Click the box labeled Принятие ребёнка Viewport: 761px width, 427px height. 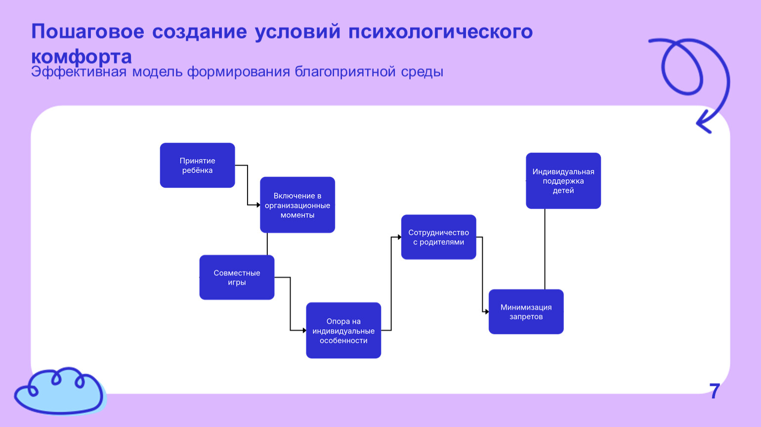click(197, 165)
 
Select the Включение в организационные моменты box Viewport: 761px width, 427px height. click(297, 205)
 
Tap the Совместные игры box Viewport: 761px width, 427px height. click(237, 277)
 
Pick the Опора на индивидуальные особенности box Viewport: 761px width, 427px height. click(343, 330)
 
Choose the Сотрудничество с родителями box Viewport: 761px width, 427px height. click(438, 237)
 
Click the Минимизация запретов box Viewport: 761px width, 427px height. click(526, 311)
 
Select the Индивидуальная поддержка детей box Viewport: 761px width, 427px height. click(563, 180)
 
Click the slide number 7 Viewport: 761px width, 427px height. click(715, 391)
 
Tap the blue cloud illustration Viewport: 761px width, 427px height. click(59, 390)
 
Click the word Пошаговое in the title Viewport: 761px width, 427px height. click(87, 32)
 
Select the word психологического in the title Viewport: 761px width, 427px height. click(440, 32)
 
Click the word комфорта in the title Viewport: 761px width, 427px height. click(82, 56)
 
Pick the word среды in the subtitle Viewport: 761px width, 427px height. click(422, 72)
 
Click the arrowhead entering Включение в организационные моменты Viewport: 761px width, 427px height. click(257, 205)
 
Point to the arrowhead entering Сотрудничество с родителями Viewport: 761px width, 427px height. click(399, 237)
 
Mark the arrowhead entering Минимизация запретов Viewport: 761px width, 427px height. click(486, 311)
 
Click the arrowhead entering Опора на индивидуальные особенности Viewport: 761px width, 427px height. click(304, 330)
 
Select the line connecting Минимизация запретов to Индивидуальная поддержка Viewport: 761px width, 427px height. click(545, 249)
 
